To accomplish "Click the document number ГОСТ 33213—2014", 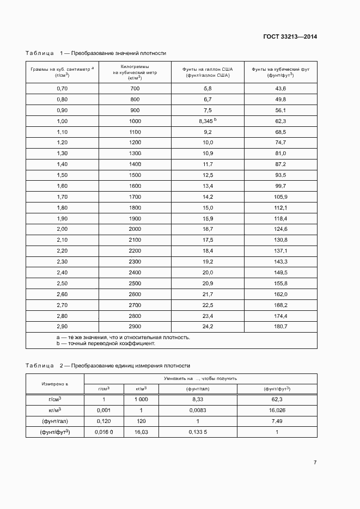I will pos(290,37).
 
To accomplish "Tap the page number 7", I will pos(315,462).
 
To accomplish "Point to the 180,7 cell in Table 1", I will pos(280,327).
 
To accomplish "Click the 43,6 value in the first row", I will pos(280,88).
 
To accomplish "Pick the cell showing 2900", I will pos(135,327).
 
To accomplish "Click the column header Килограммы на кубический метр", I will pos(135,72).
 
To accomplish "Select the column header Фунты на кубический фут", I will pos(280,72).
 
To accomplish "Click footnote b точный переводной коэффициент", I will pos(106,344).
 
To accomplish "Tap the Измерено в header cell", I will pos(55,383).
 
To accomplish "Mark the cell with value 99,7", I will pos(280,186).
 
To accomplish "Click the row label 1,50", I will pos(62,175).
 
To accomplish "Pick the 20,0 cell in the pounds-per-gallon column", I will pos(208,272).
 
